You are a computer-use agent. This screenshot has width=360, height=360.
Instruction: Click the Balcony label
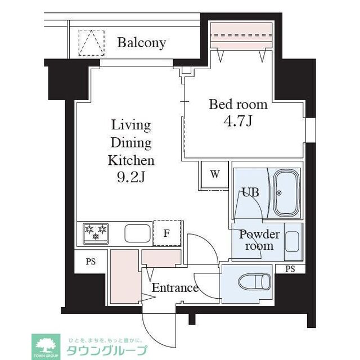click(142, 43)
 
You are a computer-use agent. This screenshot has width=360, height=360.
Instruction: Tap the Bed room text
click(238, 105)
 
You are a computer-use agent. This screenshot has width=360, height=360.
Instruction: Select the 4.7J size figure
click(238, 121)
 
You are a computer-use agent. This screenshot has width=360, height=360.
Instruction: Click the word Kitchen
click(131, 160)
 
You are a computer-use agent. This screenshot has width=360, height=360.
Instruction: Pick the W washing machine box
click(215, 174)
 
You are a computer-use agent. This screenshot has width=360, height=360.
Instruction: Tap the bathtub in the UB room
click(287, 193)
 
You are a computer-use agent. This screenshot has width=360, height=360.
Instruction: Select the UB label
click(250, 192)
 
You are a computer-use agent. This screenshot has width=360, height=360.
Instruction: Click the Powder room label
click(259, 240)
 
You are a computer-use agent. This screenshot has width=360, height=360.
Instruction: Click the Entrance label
click(175, 289)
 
